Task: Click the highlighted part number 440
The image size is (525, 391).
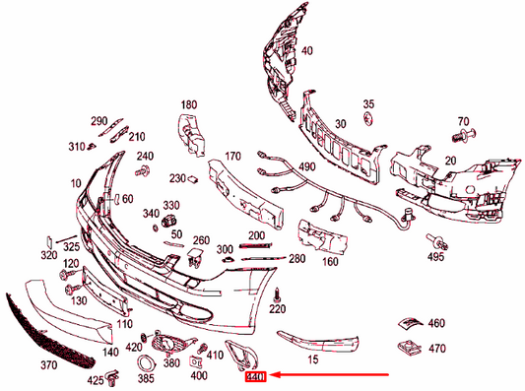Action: (256, 375)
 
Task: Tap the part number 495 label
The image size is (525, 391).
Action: (436, 258)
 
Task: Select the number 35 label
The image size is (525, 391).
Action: (368, 103)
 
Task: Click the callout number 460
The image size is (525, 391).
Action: (437, 323)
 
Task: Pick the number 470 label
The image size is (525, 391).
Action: (437, 348)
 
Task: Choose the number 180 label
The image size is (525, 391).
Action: (189, 104)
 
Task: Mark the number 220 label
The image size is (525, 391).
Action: (278, 308)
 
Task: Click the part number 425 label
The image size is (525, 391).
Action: (96, 379)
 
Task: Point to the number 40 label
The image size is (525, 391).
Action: (307, 51)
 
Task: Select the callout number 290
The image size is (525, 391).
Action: (99, 121)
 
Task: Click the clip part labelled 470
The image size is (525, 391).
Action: (406, 348)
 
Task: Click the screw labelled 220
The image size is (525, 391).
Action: (279, 292)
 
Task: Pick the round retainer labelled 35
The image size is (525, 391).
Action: (368, 119)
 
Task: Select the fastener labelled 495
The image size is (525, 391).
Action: (436, 240)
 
